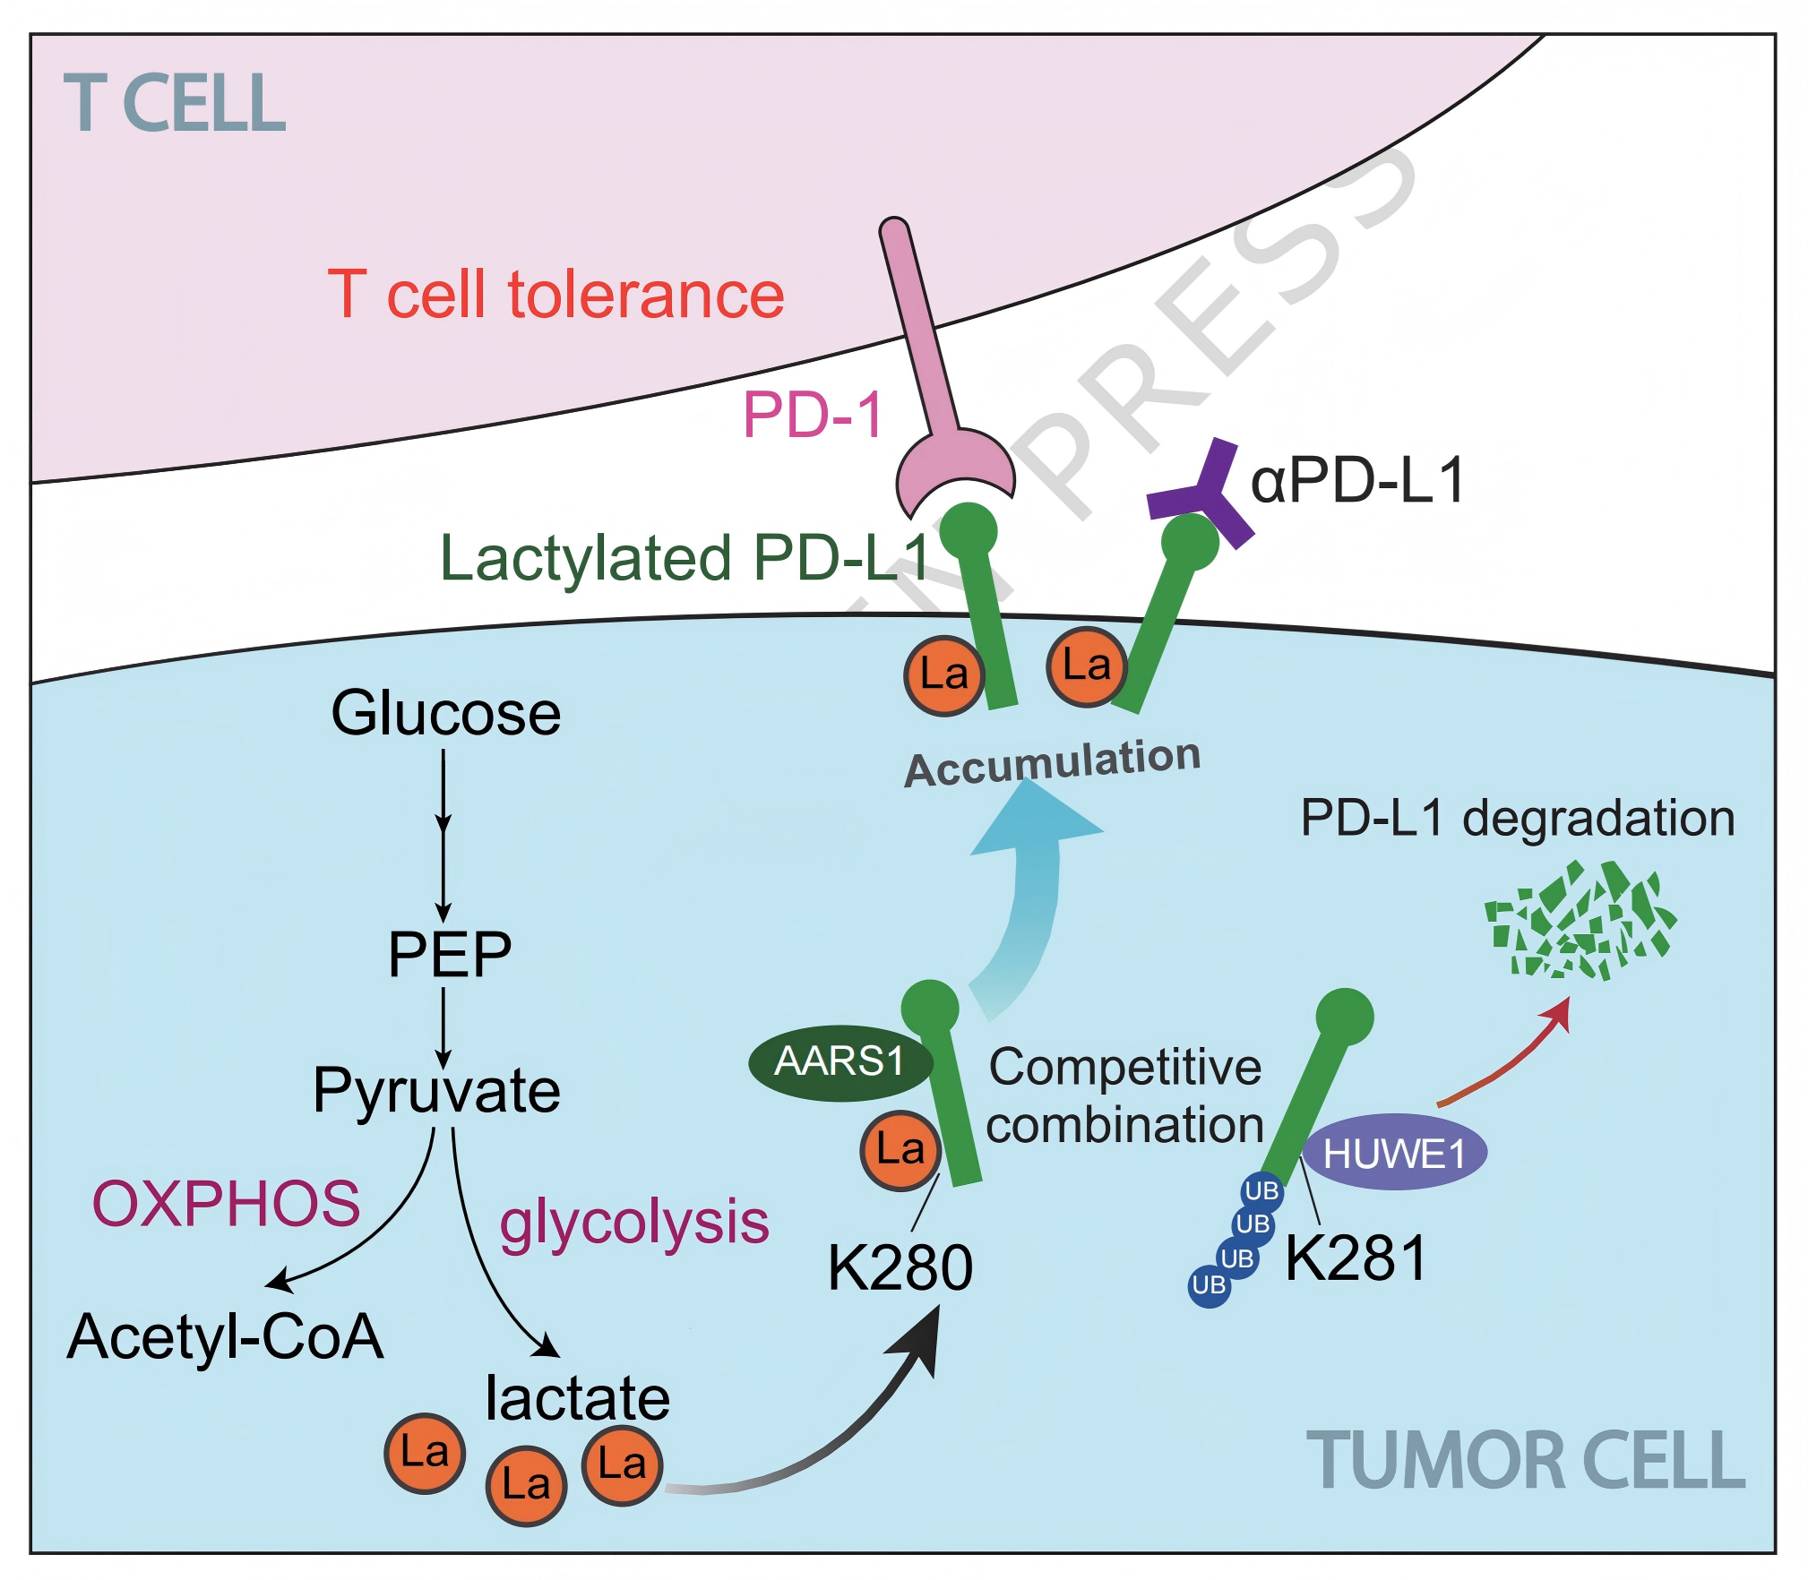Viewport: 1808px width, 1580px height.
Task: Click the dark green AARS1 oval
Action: click(839, 1062)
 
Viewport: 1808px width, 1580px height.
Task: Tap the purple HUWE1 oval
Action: click(1394, 1153)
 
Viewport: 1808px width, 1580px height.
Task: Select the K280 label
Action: click(900, 1267)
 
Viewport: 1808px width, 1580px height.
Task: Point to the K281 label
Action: click(1356, 1258)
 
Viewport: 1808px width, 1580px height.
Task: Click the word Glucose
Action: click(445, 714)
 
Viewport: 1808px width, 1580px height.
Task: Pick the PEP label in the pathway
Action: click(449, 955)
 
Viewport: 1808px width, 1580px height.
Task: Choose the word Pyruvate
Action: click(436, 1091)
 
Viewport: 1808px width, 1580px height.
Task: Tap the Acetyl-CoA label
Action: click(225, 1336)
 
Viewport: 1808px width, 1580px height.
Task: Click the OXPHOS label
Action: click(226, 1203)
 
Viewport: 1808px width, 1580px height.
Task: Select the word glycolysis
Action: click(634, 1223)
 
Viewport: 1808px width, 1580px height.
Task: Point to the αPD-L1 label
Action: click(1357, 480)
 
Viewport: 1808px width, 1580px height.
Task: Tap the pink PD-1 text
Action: click(813, 415)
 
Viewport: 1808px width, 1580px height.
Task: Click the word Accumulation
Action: click(1052, 762)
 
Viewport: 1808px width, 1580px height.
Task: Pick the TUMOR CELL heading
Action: click(1525, 1461)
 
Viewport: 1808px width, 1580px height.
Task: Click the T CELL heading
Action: click(175, 104)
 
